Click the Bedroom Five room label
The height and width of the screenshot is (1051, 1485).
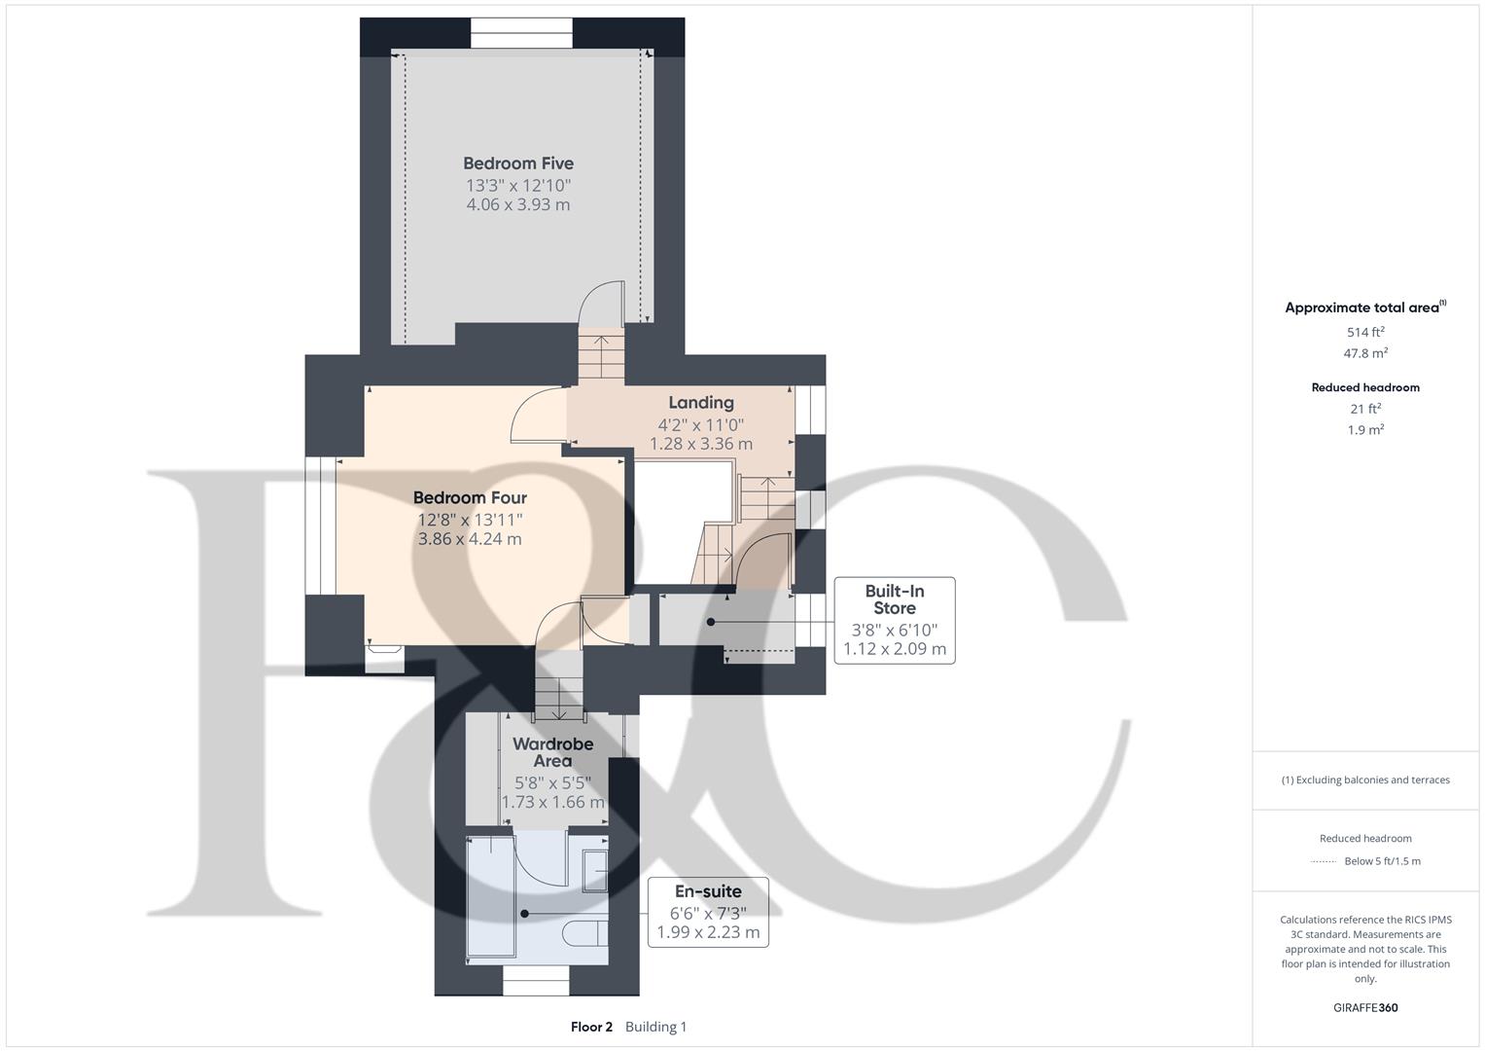pos(517,163)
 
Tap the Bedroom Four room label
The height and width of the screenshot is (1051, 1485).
pos(470,498)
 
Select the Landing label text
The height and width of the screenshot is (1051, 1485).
pos(700,403)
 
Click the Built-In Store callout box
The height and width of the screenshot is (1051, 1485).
pos(894,621)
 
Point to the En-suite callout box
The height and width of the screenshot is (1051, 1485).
pos(708,912)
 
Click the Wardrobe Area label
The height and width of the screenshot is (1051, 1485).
pos(552,752)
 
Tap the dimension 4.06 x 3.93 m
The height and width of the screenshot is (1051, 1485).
pos(517,205)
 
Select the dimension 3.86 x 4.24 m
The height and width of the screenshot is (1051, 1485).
pos(470,539)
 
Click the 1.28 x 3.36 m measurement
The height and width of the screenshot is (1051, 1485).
pos(700,444)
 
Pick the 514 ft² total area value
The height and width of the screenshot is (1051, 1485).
pos(1365,332)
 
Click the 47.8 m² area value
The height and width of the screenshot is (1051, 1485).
pos(1365,353)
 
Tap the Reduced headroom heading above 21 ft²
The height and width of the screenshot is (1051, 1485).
pos(1365,387)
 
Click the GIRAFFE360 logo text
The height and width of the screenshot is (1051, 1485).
pos(1365,1008)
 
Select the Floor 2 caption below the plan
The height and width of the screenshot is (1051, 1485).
pos(591,1027)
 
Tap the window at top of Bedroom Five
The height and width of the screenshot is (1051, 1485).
pos(521,33)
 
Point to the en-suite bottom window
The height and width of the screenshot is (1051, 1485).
pos(535,986)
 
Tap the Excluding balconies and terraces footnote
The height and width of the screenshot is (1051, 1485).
pos(1365,779)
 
